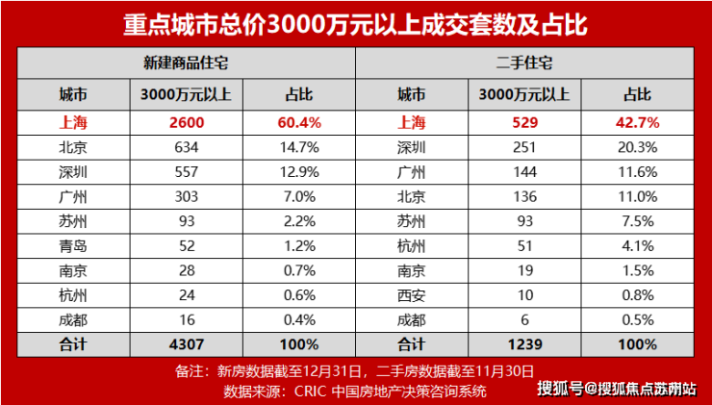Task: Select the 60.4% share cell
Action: coord(302,123)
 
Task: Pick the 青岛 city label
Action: coord(73,245)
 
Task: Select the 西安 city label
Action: coord(412,294)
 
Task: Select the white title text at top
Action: coord(355,22)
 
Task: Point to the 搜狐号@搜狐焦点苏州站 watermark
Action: coord(618,389)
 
